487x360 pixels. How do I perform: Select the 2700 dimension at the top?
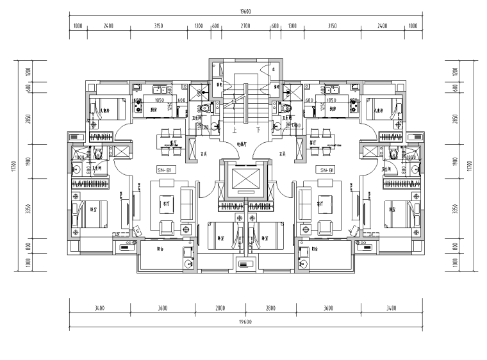[x=245, y=26]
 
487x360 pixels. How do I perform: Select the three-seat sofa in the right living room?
[x=301, y=202]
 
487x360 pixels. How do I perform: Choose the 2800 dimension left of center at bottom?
[x=220, y=308]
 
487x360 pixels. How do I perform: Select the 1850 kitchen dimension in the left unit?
[x=160, y=101]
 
